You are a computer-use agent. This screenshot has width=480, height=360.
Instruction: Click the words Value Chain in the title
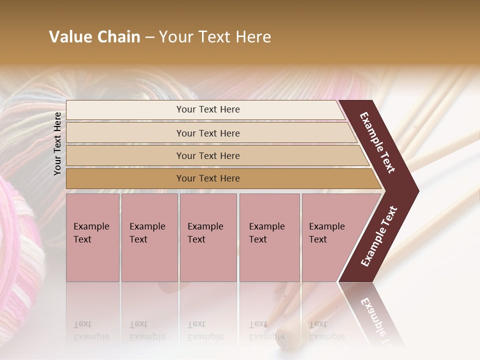click(94, 37)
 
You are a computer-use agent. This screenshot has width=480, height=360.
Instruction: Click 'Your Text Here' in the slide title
click(215, 37)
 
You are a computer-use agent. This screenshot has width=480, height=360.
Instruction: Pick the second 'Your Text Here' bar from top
click(208, 133)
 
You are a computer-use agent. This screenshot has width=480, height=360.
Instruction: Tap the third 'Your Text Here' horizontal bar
click(208, 155)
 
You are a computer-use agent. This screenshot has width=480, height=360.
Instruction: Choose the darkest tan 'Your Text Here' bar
click(208, 178)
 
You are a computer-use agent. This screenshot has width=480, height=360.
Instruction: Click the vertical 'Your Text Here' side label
click(57, 143)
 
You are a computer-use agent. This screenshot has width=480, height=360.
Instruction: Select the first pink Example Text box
click(92, 237)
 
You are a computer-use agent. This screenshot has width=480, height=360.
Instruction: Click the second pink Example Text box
click(149, 237)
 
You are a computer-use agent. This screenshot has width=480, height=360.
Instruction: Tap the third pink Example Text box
click(208, 237)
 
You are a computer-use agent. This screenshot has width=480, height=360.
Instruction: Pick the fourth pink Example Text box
click(269, 237)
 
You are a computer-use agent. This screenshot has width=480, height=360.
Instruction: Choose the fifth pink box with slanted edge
click(330, 237)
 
